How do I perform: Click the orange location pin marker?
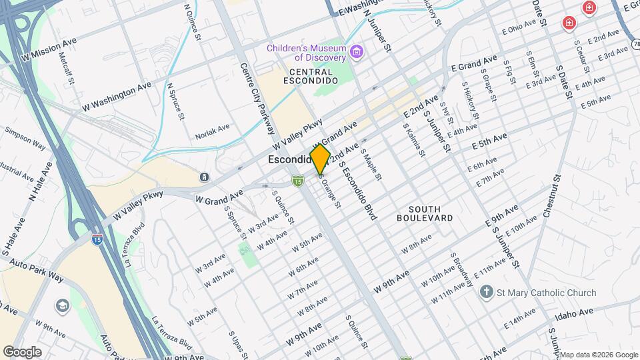click(x=320, y=159)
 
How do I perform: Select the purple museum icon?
click(x=357, y=51)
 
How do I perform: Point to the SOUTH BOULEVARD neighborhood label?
click(x=425, y=213)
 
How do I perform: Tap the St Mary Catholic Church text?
click(x=547, y=293)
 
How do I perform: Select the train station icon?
click(x=204, y=177)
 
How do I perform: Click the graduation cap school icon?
click(x=63, y=305)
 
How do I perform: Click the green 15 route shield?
click(x=298, y=179)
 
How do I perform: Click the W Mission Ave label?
click(x=49, y=48)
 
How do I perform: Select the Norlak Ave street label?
click(x=212, y=131)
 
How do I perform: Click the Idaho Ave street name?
click(x=574, y=312)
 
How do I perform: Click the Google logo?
click(x=22, y=352)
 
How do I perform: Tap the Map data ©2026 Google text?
click(x=598, y=354)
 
